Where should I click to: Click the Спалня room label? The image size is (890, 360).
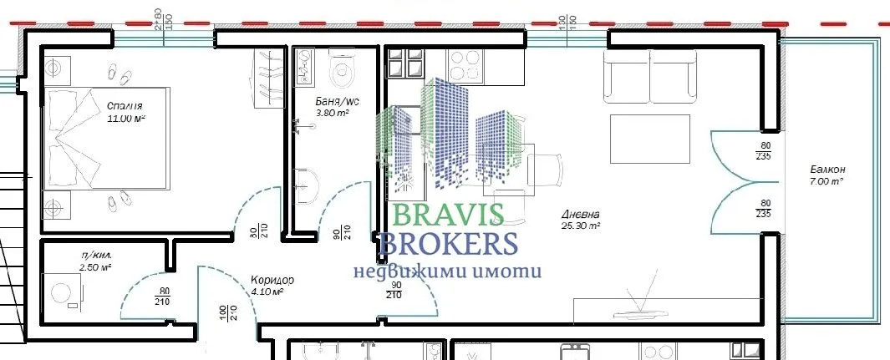coord(125,106)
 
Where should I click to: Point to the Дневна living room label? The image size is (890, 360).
coord(581,214)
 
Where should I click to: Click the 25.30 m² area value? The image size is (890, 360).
coord(582,226)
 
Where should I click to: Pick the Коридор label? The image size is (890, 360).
coord(272,280)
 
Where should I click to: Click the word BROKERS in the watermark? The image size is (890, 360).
coord(448,244)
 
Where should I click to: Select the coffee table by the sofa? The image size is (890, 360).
coord(650,139)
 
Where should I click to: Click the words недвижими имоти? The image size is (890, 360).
coord(447,271)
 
